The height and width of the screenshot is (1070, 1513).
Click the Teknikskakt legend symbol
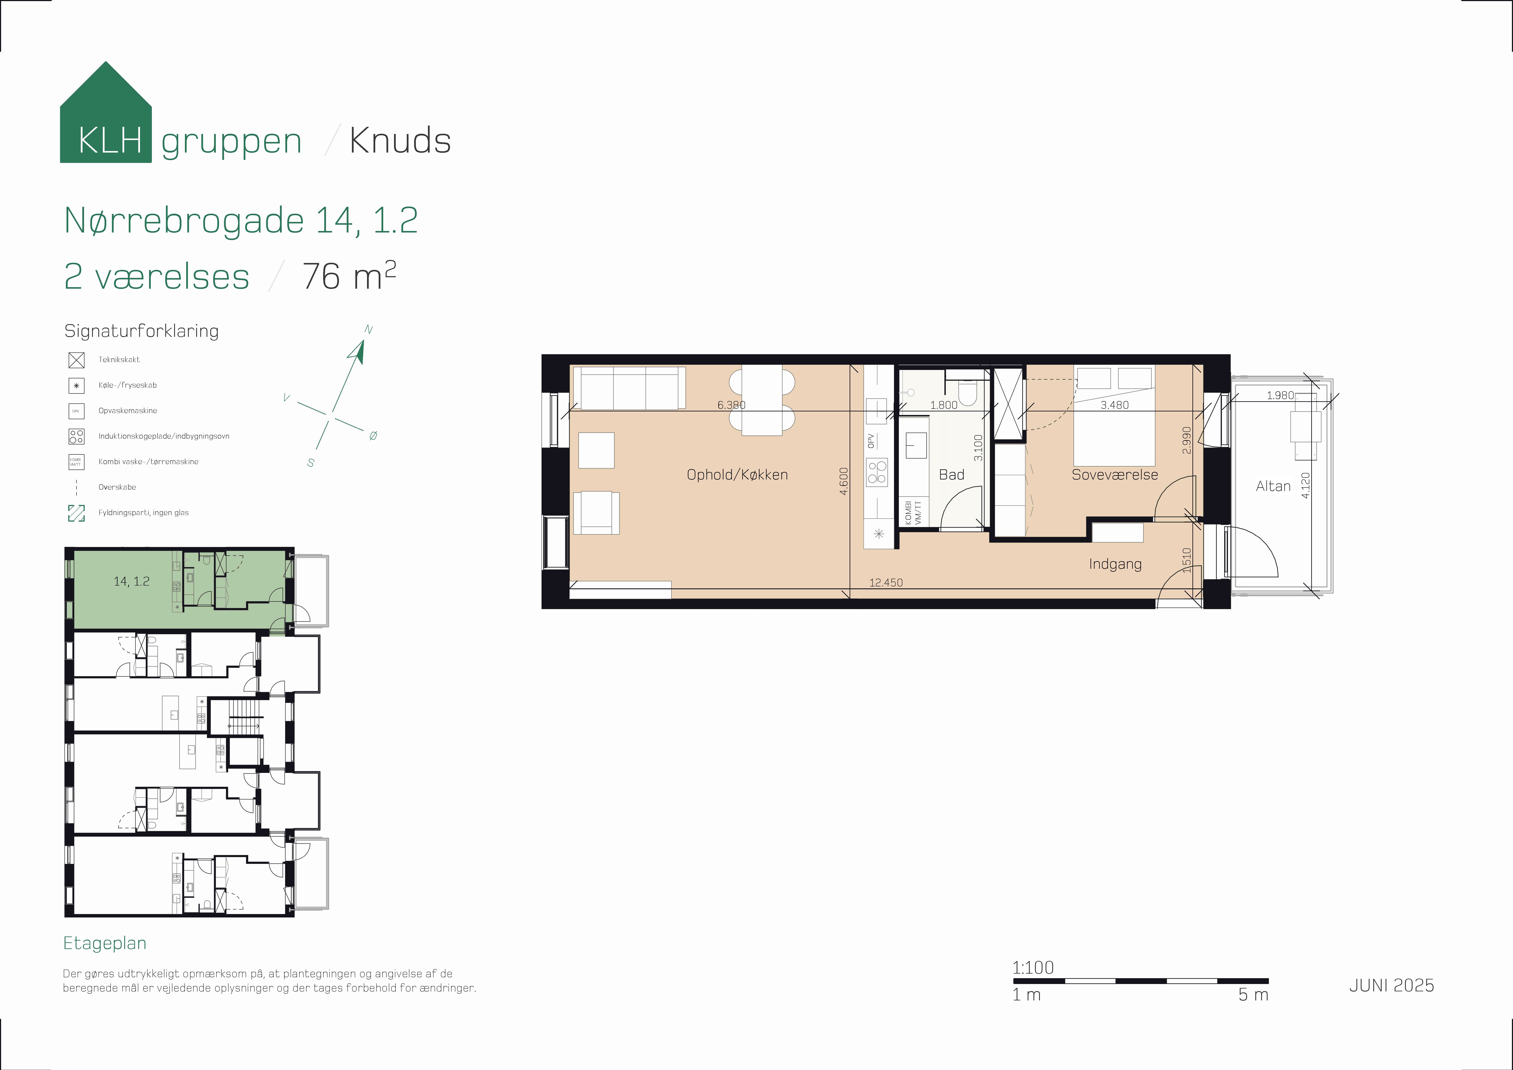point(76,360)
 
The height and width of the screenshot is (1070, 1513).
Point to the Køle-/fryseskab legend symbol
point(76,386)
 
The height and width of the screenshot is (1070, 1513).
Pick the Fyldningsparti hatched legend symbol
point(76,513)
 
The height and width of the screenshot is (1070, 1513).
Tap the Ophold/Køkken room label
point(737,475)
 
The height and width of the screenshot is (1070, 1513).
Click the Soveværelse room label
point(1114,475)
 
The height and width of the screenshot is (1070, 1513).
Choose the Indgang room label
point(1115,564)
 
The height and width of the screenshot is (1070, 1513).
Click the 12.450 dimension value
point(886,583)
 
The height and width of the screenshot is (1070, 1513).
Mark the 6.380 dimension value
point(731,405)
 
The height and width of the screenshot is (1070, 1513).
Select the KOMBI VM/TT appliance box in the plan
point(913,512)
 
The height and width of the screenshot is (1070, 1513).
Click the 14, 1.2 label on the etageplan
point(132,581)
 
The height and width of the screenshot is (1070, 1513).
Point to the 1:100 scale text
point(1033,968)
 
